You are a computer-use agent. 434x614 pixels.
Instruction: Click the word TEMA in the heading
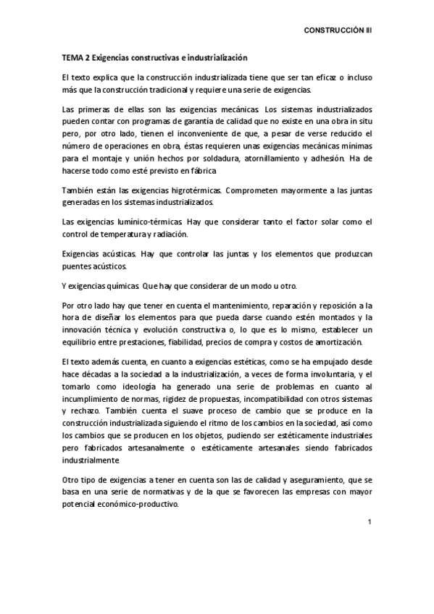[x=70, y=57]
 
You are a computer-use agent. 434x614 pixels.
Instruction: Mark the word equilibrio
[x=80, y=342]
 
